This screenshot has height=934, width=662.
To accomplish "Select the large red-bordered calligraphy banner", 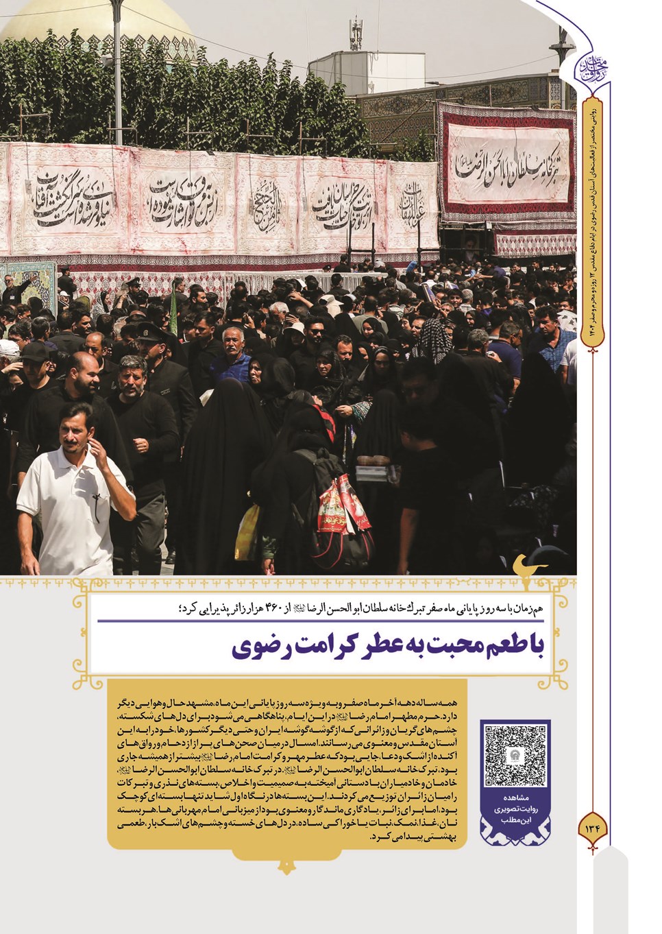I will (x=507, y=169).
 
